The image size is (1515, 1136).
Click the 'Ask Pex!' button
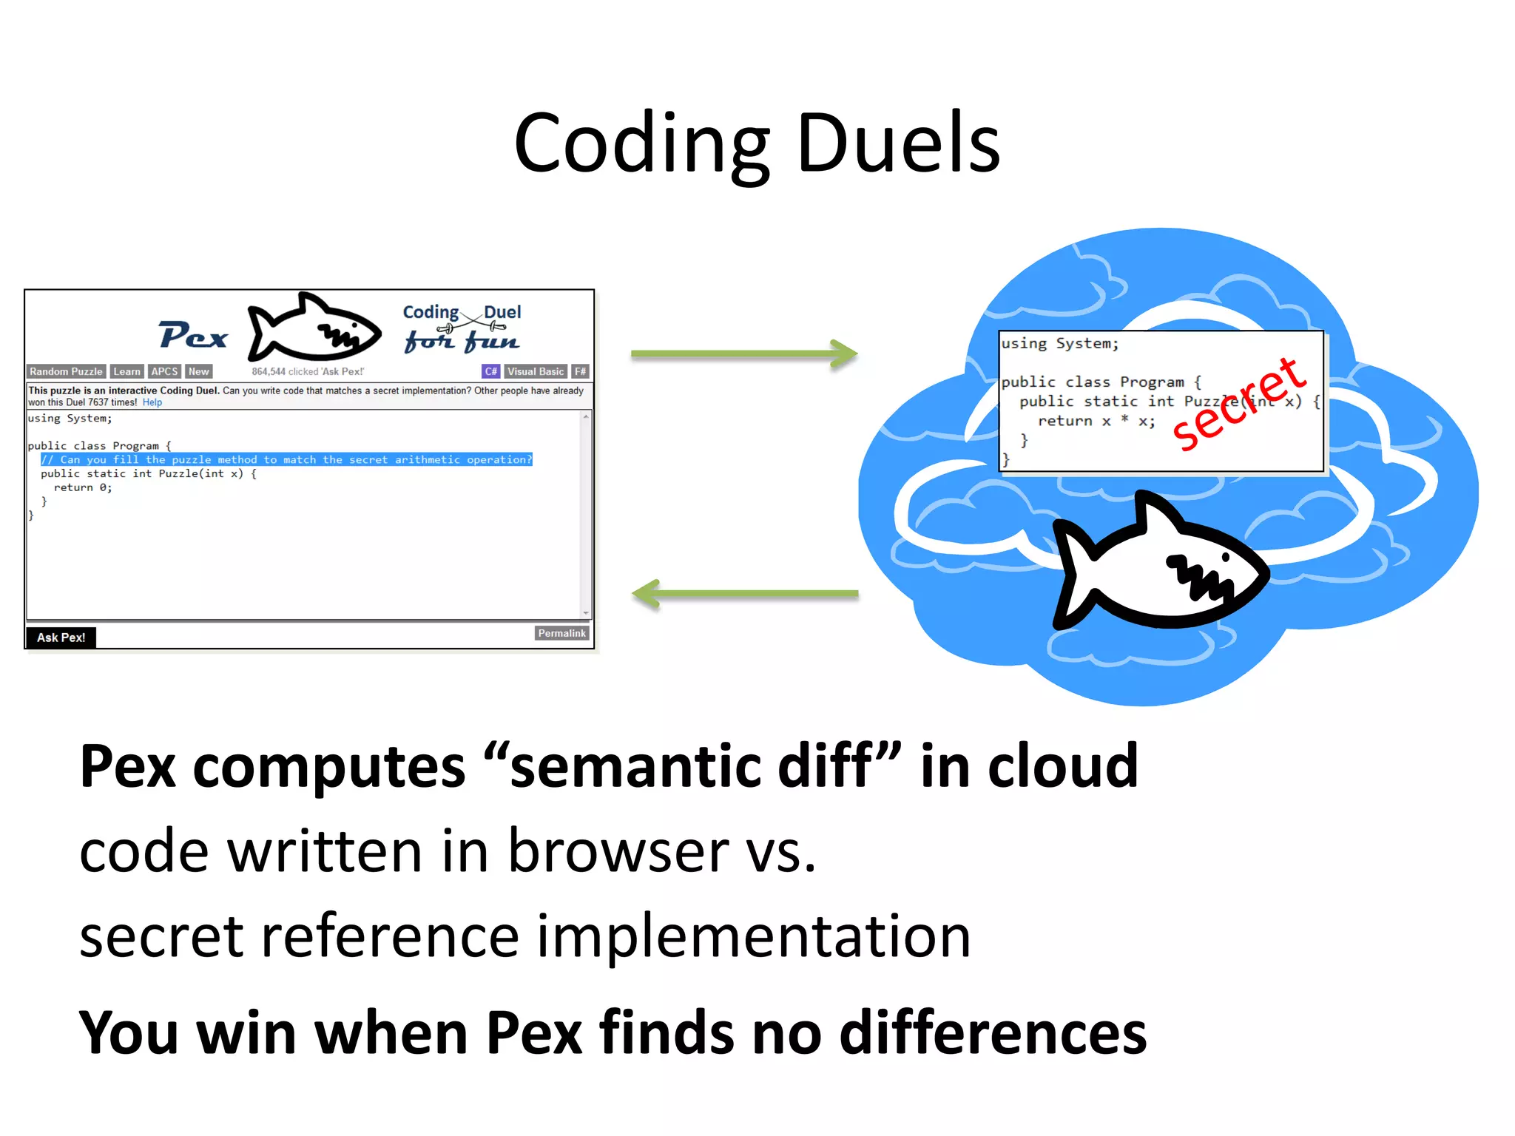click(x=61, y=638)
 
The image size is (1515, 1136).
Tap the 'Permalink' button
click(x=561, y=633)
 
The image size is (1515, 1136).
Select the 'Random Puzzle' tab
click(x=66, y=371)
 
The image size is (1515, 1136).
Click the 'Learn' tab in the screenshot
click(x=126, y=371)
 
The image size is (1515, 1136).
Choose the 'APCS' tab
click(x=164, y=371)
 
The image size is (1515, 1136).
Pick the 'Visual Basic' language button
click(x=536, y=371)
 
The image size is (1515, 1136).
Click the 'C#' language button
click(x=490, y=371)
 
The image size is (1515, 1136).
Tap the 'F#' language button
click(x=581, y=371)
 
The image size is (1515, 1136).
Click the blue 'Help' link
click(x=152, y=402)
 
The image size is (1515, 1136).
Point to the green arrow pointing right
click(x=743, y=354)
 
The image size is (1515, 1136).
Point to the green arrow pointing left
click(x=743, y=593)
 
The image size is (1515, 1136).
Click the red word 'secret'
click(x=1238, y=405)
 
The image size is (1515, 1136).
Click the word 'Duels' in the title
click(x=898, y=144)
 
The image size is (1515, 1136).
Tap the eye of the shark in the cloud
click(x=1226, y=557)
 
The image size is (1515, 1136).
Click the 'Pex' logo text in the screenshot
click(x=193, y=336)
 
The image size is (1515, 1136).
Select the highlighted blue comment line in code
click(x=286, y=460)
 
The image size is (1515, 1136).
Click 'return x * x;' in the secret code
click(x=1096, y=421)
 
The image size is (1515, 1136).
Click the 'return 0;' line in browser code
click(x=83, y=487)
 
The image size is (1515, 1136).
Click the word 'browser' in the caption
click(x=618, y=851)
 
